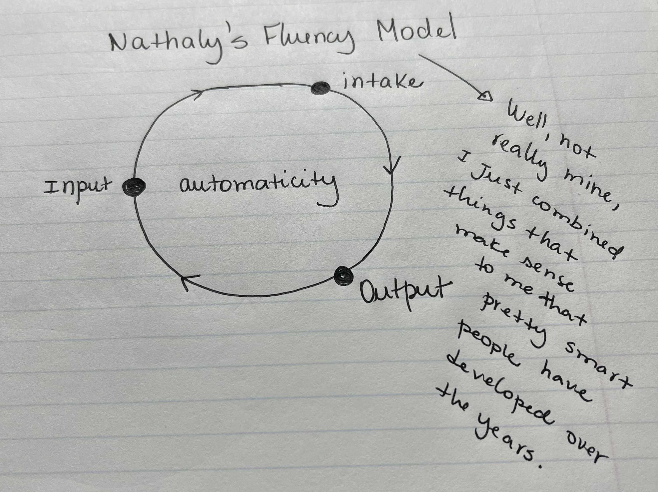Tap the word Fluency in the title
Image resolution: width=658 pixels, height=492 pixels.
309,40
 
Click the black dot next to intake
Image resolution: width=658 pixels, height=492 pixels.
320,88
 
